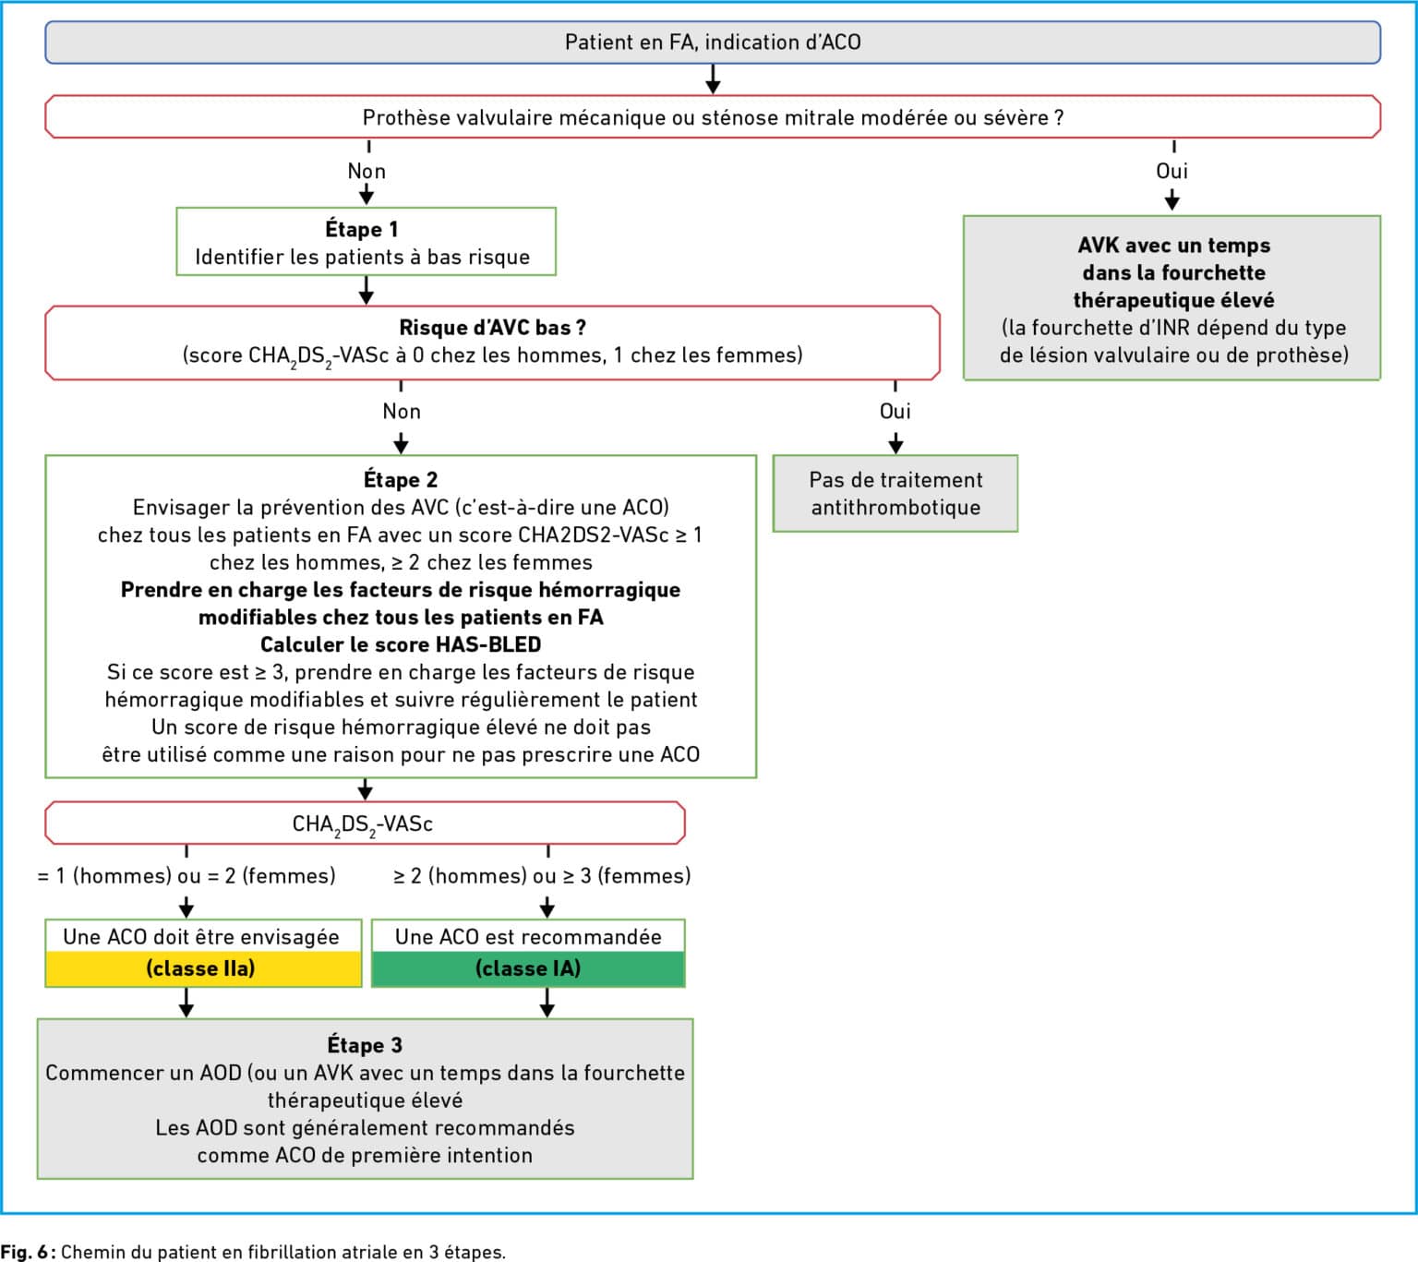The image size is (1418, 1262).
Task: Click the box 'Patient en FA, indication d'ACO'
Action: point(713,42)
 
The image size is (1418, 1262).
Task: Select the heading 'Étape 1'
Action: point(362,229)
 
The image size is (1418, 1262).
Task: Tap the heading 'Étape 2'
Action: point(401,479)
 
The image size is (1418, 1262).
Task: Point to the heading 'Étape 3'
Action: point(365,1045)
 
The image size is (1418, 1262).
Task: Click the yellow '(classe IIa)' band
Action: point(203,968)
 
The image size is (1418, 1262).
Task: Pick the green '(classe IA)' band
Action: point(528,968)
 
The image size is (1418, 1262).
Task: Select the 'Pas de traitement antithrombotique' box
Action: point(895,494)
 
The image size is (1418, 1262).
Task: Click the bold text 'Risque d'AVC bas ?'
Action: point(492,328)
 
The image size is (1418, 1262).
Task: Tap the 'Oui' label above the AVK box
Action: point(1172,171)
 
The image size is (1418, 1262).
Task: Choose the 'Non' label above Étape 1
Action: point(367,171)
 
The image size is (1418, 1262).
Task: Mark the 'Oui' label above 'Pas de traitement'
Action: point(895,411)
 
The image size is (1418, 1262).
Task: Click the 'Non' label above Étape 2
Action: point(401,411)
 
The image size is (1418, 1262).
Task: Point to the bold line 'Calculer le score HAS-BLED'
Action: point(401,644)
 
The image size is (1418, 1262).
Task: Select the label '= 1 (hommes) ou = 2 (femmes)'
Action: point(186,875)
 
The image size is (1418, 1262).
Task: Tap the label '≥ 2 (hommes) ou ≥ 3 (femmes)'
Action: point(543,875)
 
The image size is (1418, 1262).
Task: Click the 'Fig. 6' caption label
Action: point(25,1252)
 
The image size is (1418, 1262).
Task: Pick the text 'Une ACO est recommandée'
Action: point(528,936)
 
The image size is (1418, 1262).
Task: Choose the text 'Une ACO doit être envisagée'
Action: point(201,936)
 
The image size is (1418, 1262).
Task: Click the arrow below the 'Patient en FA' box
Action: point(713,79)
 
